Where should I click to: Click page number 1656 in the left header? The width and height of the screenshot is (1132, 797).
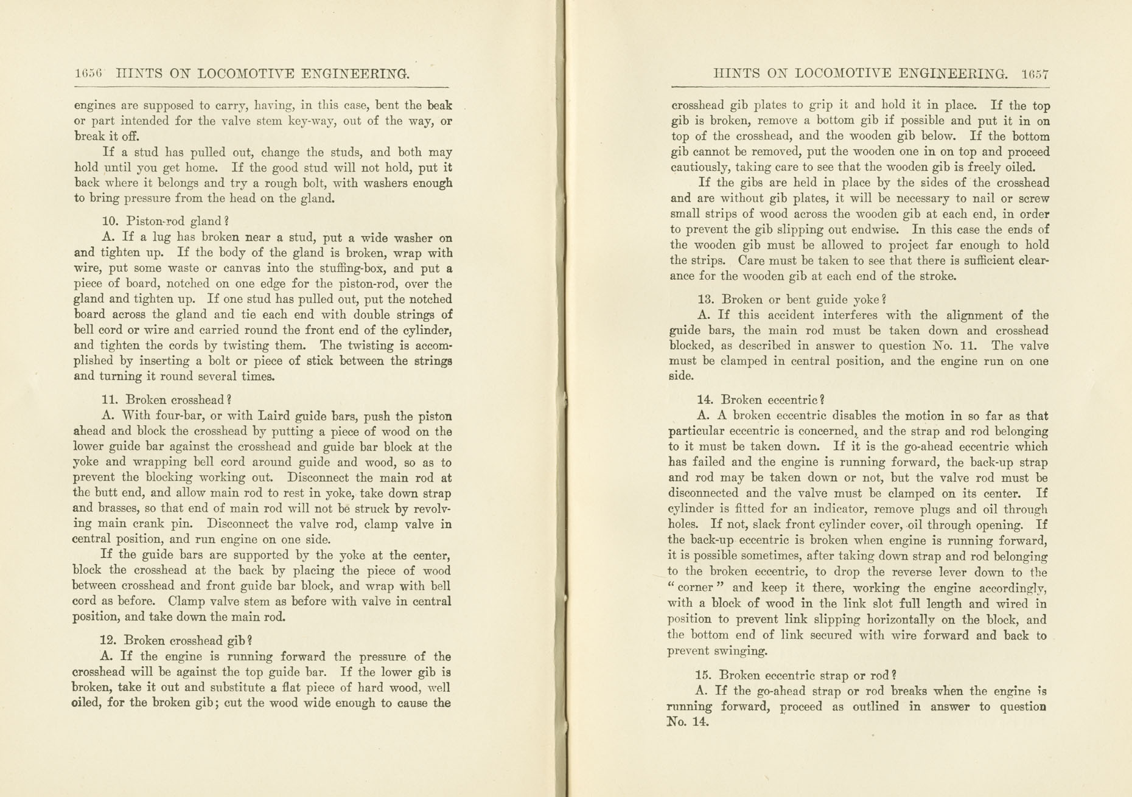pos(88,74)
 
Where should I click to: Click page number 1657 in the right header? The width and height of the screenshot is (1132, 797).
pos(1035,74)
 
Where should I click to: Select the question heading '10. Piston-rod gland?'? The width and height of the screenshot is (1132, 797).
pos(165,221)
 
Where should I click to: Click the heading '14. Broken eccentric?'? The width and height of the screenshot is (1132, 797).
pos(760,400)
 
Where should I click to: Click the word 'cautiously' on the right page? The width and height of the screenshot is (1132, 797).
pos(699,167)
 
